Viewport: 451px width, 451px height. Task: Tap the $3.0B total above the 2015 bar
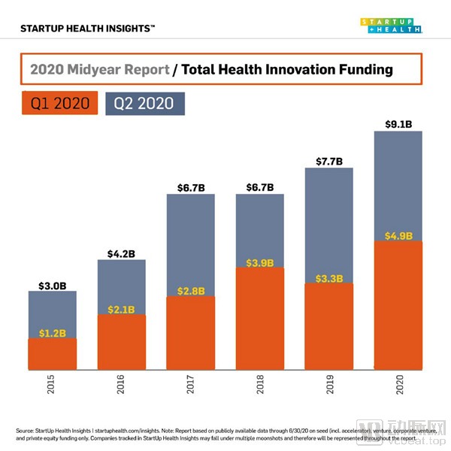(x=52, y=285)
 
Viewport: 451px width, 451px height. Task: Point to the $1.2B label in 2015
(x=52, y=331)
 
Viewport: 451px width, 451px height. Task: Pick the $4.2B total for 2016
(x=121, y=253)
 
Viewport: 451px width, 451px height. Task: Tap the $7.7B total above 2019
(x=328, y=161)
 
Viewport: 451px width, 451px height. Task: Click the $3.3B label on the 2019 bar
(x=328, y=277)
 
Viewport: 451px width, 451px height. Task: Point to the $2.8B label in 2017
(x=190, y=289)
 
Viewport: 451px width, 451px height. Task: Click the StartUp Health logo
(x=390, y=26)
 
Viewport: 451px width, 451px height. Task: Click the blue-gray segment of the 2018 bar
(x=260, y=225)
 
